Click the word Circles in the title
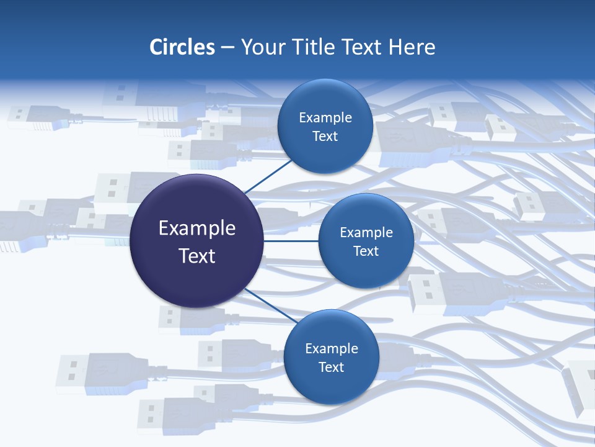pyautogui.click(x=182, y=47)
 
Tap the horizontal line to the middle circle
pyautogui.click(x=291, y=241)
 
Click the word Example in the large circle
pyautogui.click(x=197, y=228)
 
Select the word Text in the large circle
pyautogui.click(x=197, y=256)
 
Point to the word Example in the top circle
pyautogui.click(x=325, y=118)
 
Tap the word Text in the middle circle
pyautogui.click(x=366, y=251)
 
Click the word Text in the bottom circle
pyautogui.click(x=331, y=367)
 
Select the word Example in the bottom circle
pyautogui.click(x=332, y=348)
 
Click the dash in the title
pyautogui.click(x=227, y=47)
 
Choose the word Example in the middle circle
pyautogui.click(x=366, y=232)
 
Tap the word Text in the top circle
pyautogui.click(x=325, y=137)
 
